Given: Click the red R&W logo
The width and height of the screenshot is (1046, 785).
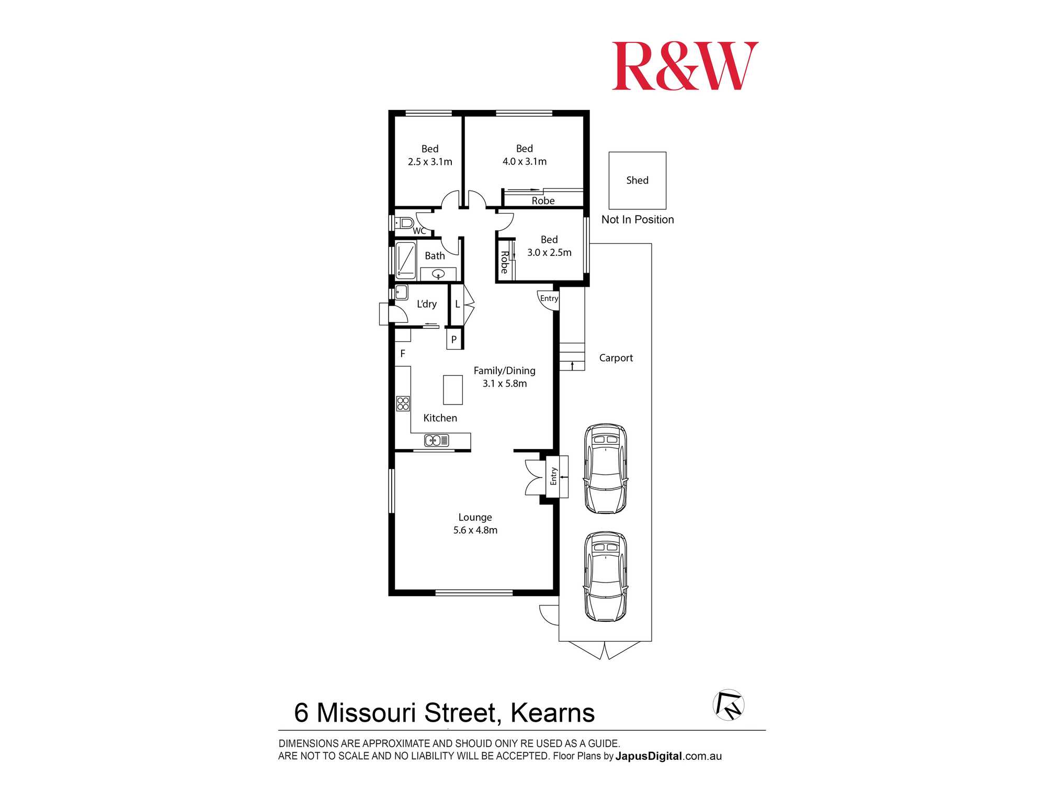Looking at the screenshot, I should coord(685,66).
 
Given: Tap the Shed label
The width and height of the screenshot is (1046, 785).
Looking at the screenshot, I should coord(637,181).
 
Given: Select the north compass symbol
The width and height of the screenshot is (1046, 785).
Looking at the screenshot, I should coord(729,705).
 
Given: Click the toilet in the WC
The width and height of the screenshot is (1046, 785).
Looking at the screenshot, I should coord(404,223).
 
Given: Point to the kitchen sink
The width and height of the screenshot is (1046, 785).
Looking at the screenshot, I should coord(436,441).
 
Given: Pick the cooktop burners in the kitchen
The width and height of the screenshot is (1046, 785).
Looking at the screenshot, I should coord(403,403).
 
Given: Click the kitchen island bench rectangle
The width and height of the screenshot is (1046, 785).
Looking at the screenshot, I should coord(453,390).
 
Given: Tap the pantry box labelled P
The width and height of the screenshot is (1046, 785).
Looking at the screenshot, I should coord(454,340).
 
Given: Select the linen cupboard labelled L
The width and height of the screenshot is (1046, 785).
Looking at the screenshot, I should coord(457,304).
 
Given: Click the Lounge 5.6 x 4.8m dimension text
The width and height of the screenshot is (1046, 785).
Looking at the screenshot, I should coord(475,530).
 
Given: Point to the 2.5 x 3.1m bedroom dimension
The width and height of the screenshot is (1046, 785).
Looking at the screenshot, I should coord(430,162).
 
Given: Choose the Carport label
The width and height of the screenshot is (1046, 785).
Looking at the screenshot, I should coord(616,358).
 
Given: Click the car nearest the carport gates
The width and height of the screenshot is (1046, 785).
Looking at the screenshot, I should coord(606,577).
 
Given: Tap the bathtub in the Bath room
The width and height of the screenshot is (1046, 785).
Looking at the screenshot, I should coord(406,260).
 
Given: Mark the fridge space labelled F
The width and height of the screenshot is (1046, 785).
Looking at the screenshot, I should coord(403,354).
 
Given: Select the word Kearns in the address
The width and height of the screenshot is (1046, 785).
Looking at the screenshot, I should coord(552,713).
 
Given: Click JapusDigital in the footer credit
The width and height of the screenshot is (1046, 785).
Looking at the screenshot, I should coord(649,756).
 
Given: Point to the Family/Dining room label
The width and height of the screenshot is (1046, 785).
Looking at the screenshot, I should coord(504,371).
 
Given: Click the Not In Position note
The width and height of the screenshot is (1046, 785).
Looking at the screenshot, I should coord(638,220).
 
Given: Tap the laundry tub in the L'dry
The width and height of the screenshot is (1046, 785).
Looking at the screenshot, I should coord(401,292).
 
